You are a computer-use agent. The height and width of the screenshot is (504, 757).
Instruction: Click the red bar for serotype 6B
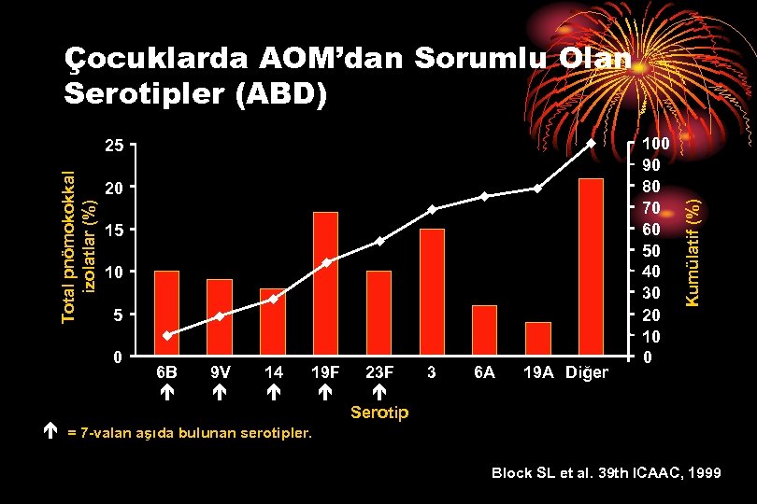[x=166, y=314]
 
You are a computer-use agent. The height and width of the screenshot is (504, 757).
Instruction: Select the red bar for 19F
[x=325, y=284]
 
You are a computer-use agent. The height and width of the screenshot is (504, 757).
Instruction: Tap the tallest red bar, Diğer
[x=591, y=267]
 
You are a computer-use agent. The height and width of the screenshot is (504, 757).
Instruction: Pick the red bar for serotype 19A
[x=538, y=339]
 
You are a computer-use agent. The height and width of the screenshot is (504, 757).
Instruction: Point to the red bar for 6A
[x=485, y=330]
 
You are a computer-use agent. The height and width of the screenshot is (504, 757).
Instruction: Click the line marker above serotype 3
[x=432, y=209]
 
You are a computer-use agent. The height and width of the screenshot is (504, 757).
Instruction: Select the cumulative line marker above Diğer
[x=591, y=144]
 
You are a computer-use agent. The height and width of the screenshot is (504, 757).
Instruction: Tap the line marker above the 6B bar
[x=166, y=335]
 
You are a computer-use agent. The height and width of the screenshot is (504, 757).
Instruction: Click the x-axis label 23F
[x=379, y=372]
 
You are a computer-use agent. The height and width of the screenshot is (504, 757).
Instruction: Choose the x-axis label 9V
[x=220, y=372]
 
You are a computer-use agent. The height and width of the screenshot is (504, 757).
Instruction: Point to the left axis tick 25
[x=113, y=146]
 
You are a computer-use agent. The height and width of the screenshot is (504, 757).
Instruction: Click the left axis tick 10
[x=113, y=272]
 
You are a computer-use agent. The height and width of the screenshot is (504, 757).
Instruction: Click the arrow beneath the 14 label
[x=273, y=395]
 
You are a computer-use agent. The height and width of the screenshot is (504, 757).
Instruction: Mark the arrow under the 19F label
[x=325, y=395]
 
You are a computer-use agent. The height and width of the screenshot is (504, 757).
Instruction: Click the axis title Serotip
[x=379, y=413]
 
